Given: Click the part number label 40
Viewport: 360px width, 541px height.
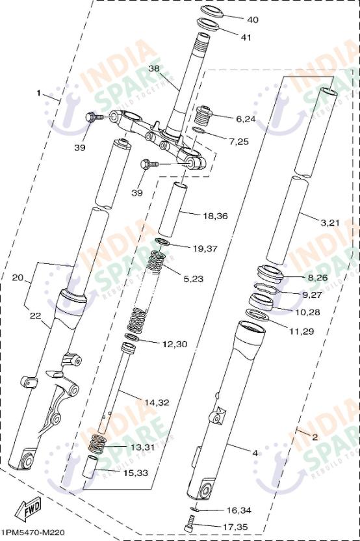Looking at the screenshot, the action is tap(252, 20).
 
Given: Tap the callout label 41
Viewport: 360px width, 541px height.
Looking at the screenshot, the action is tap(246, 37).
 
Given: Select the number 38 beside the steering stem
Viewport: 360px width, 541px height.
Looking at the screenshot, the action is tap(154, 68).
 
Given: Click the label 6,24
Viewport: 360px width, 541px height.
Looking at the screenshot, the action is tap(245, 120).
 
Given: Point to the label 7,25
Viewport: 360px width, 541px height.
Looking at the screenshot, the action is tap(238, 142).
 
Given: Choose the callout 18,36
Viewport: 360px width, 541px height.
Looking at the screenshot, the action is tap(216, 217).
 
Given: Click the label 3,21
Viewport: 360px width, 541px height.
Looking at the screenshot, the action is tap(330, 223).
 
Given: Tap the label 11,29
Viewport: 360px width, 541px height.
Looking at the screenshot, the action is tap(302, 332).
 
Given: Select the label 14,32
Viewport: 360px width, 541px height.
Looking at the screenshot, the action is tap(157, 402).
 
